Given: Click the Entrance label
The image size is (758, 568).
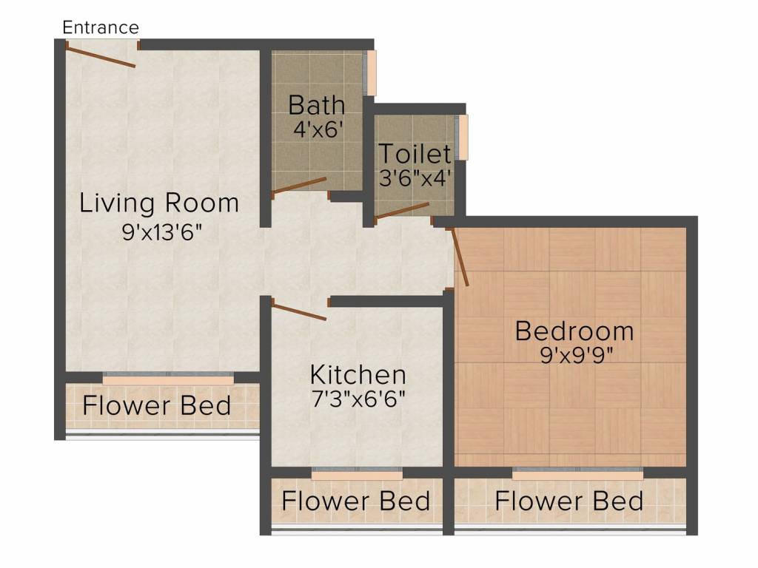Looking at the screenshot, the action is click(x=101, y=27).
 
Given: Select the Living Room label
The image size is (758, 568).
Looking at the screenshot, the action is click(x=159, y=203).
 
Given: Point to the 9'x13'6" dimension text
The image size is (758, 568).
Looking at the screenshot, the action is click(x=161, y=233).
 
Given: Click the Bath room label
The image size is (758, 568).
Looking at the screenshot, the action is click(x=317, y=105).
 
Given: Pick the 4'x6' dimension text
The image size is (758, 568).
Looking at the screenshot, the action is click(x=318, y=129).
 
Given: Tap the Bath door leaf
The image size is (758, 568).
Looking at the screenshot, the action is click(x=299, y=186).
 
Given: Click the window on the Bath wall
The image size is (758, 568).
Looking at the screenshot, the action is click(x=372, y=72).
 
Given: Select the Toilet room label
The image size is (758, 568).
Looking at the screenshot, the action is click(x=415, y=154).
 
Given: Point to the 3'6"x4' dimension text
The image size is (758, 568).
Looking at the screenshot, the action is click(x=415, y=178).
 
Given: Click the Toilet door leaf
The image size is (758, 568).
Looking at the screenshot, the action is click(x=402, y=211).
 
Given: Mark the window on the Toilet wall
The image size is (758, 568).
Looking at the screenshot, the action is click(x=463, y=137).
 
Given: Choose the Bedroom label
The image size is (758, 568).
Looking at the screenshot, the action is click(x=574, y=331).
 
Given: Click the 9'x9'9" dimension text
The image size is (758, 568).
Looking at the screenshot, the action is click(x=576, y=356).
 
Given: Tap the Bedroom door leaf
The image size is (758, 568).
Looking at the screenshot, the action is click(x=459, y=257).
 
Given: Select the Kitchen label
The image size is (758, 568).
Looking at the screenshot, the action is click(x=358, y=375).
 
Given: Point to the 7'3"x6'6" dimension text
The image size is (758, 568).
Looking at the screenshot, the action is click(x=358, y=399).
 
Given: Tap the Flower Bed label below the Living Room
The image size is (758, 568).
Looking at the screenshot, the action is click(x=157, y=406).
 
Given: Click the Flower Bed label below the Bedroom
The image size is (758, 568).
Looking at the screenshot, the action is click(x=569, y=501).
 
